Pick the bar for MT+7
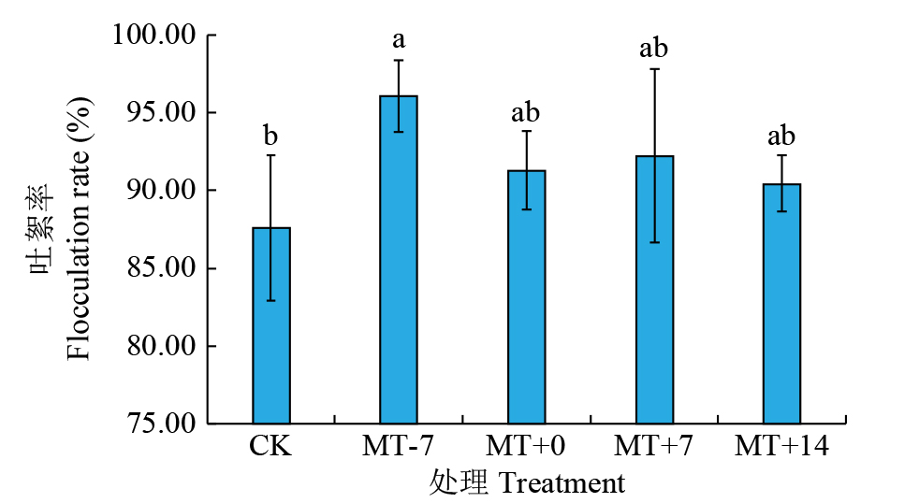654,290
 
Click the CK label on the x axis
270,447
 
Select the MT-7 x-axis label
399,447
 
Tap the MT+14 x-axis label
781,447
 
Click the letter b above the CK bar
271,137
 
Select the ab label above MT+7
654,49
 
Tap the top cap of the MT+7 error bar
654,69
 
